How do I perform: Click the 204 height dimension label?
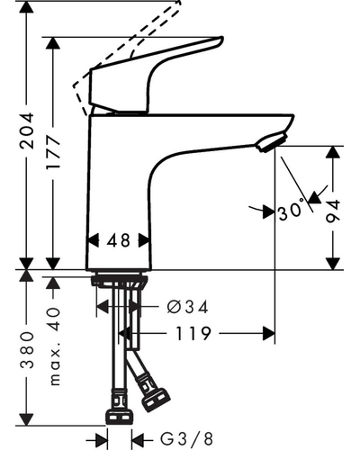point(26,130)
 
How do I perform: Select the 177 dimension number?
point(53,153)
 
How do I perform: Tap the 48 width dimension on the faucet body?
point(119,240)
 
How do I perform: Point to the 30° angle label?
point(291,211)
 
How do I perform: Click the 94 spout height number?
point(333,211)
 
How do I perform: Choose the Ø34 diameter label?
point(187,307)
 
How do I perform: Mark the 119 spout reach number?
point(193,333)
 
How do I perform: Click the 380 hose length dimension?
point(27,350)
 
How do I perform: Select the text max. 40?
point(54,346)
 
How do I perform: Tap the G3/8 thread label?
point(186,439)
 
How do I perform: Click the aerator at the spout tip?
point(272,142)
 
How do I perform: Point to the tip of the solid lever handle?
point(222,39)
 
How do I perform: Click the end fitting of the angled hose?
point(156,400)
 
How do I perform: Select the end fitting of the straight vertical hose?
point(119,418)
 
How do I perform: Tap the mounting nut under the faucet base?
point(120,281)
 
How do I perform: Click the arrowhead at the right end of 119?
point(269,333)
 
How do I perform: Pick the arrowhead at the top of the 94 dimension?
point(333,152)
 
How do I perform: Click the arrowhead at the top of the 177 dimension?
point(53,43)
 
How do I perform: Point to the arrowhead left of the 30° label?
point(269,212)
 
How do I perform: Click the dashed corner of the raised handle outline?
point(74,86)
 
